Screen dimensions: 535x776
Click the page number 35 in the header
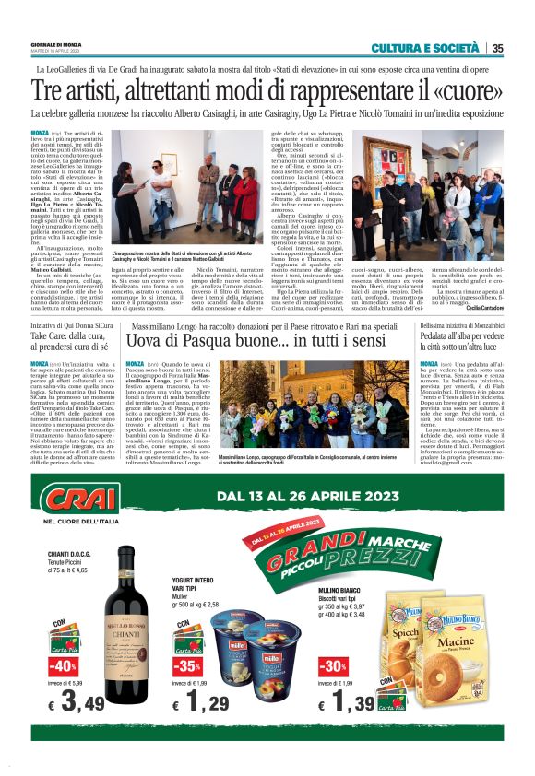[497, 49]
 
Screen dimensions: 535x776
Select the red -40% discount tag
[64, 666]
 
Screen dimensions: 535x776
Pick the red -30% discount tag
[332, 666]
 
